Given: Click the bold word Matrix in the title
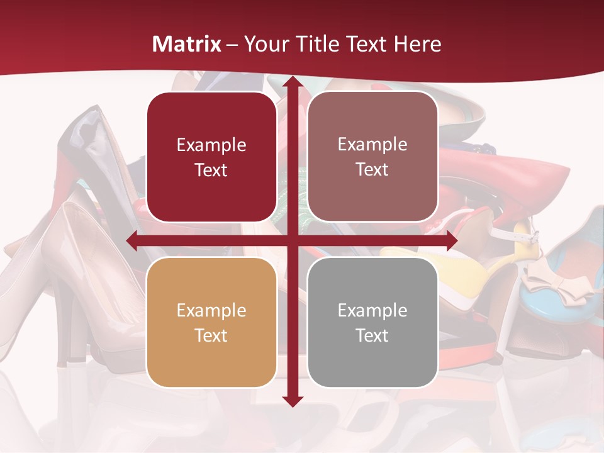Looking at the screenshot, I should tap(187, 45).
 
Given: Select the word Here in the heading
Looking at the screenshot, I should tap(417, 45).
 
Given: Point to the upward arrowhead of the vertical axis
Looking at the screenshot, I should tap(292, 82).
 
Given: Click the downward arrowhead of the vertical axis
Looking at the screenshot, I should tap(292, 401).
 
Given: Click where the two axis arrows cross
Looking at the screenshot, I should tap(292, 240).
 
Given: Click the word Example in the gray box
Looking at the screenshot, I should tap(372, 310).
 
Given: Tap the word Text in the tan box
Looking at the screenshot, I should tap(211, 335).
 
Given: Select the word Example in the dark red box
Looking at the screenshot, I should tap(211, 145).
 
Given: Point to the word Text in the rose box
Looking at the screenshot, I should tap(372, 170).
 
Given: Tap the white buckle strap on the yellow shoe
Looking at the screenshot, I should tap(516, 236).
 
